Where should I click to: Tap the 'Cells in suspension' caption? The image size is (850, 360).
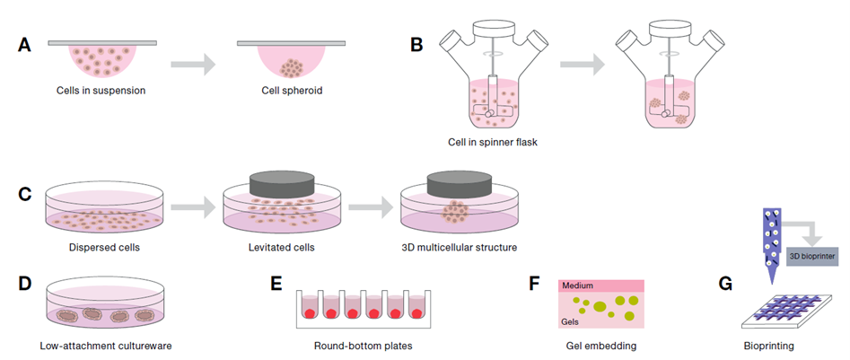click(99, 90)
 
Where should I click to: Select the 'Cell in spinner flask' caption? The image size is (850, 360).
click(493, 142)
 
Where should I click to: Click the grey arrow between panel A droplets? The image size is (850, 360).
click(193, 65)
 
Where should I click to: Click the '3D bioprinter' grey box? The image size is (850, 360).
click(813, 255)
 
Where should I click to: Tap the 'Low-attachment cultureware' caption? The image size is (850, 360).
click(101, 345)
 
